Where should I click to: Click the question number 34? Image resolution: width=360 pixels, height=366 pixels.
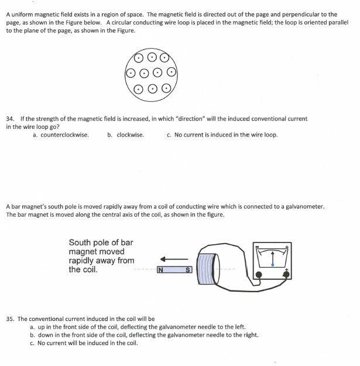[x=10, y=119]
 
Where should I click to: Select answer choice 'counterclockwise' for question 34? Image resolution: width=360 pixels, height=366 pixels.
[x=64, y=135]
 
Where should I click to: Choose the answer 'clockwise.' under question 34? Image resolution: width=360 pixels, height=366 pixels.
[x=130, y=135]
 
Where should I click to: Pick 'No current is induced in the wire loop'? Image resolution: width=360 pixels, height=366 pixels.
[x=226, y=135]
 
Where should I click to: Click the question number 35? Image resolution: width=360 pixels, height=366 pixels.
[x=11, y=319]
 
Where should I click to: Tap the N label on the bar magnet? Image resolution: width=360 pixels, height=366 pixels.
[x=160, y=270]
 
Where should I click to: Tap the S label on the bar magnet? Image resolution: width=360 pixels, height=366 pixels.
[x=188, y=270]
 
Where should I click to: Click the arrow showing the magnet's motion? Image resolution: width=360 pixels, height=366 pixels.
[x=174, y=259]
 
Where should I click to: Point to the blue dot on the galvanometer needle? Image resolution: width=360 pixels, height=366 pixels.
[x=273, y=265]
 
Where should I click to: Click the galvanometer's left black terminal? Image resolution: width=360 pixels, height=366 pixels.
[x=259, y=275]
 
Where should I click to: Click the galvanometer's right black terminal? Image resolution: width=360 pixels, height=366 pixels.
[x=286, y=275]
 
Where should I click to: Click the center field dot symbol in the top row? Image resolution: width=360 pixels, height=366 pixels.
[x=152, y=57]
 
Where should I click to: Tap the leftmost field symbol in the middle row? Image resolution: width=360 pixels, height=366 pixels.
[x=131, y=73]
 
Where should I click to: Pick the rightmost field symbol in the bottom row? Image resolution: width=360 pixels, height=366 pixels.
[x=166, y=88]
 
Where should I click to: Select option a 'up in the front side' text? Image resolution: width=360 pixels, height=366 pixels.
[x=142, y=327]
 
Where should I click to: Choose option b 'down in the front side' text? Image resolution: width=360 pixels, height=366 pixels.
[x=148, y=335]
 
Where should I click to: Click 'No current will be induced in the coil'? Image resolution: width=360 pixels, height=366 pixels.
[x=87, y=343]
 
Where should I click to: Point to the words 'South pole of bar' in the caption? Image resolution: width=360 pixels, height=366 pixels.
[x=101, y=242]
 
